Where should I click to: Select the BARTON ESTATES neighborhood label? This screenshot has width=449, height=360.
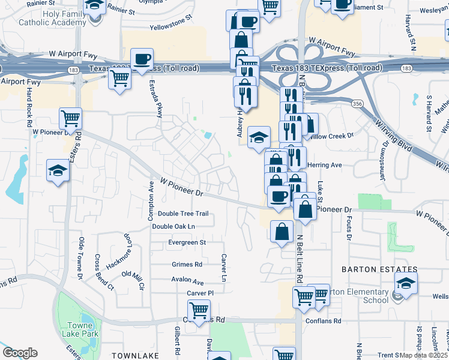379,269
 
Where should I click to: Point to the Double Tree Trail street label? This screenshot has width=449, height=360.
183,214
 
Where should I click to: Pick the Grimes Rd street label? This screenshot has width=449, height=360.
187,264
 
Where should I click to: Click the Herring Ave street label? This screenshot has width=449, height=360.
324,165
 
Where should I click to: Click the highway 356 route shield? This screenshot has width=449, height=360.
358,104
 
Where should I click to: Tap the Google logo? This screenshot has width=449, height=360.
20,353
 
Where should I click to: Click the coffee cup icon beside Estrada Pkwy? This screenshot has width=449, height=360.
142,60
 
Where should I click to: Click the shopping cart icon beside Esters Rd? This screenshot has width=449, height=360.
71,119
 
